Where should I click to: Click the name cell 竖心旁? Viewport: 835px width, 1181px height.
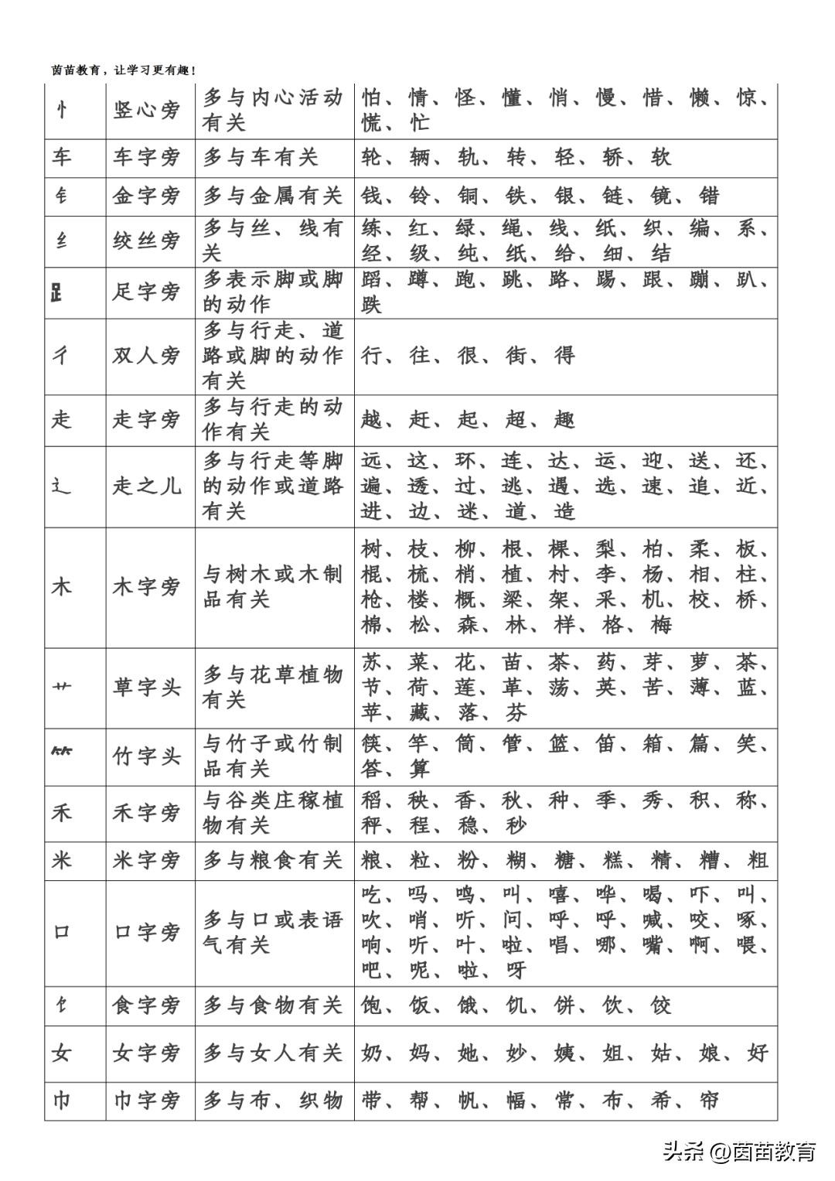pyautogui.click(x=146, y=111)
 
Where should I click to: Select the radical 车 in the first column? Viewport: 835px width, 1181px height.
pyautogui.click(x=62, y=158)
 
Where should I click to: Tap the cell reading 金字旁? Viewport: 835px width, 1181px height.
pyautogui.click(x=146, y=196)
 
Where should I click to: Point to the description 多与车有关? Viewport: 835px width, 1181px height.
pyautogui.click(x=261, y=158)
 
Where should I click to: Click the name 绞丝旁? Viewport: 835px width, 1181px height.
pyautogui.click(x=146, y=241)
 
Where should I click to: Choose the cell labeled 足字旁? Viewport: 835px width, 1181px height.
pyautogui.click(x=146, y=292)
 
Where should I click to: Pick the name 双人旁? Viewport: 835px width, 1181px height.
pyautogui.click(x=146, y=356)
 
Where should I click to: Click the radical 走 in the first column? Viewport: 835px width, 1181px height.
pyautogui.click(x=62, y=420)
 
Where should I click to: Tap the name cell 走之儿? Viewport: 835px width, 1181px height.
pyautogui.click(x=146, y=486)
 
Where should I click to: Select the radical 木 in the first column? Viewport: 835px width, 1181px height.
pyautogui.click(x=62, y=587)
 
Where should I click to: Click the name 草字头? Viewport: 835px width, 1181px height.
pyautogui.click(x=146, y=688)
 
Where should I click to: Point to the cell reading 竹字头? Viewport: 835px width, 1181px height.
pyautogui.click(x=146, y=756)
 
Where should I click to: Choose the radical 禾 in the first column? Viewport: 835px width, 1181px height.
pyautogui.click(x=62, y=813)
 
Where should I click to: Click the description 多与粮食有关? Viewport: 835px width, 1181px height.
pyautogui.click(x=272, y=860)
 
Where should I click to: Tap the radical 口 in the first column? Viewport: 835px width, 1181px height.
pyautogui.click(x=62, y=933)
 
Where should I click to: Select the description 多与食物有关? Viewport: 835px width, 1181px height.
pyautogui.click(x=272, y=1005)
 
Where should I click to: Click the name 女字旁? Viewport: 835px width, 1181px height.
pyautogui.click(x=146, y=1053)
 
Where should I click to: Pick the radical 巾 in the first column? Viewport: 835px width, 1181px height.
pyautogui.click(x=62, y=1100)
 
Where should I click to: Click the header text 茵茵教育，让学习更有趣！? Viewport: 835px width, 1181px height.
pyautogui.click(x=124, y=70)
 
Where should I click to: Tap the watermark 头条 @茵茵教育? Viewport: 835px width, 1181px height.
pyautogui.click(x=738, y=1152)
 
